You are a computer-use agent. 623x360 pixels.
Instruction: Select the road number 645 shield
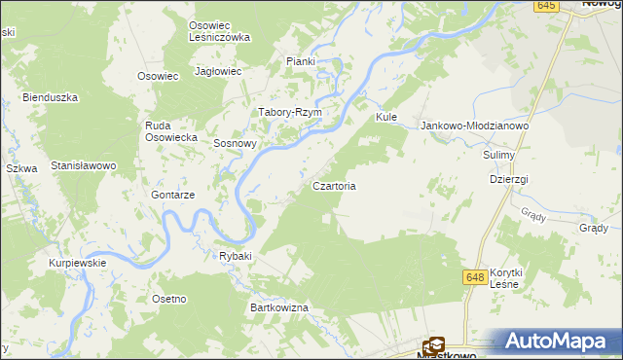coord(546,6)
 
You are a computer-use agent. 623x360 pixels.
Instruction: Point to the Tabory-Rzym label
coord(289,112)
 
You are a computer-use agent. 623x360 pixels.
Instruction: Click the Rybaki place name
coord(236,256)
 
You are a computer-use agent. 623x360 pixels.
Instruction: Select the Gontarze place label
coord(173,195)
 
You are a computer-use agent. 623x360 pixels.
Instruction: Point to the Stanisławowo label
coord(84,165)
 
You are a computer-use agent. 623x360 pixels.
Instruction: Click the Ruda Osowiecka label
coord(171,131)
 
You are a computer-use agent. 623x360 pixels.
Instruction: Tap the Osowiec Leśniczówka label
coord(219,30)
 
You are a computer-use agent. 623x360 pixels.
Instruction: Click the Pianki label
coord(301,61)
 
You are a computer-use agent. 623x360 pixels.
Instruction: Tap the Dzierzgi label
coord(509,180)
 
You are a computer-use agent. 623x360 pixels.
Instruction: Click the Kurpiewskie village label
coord(78,263)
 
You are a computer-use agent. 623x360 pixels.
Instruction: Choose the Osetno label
coord(168,298)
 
